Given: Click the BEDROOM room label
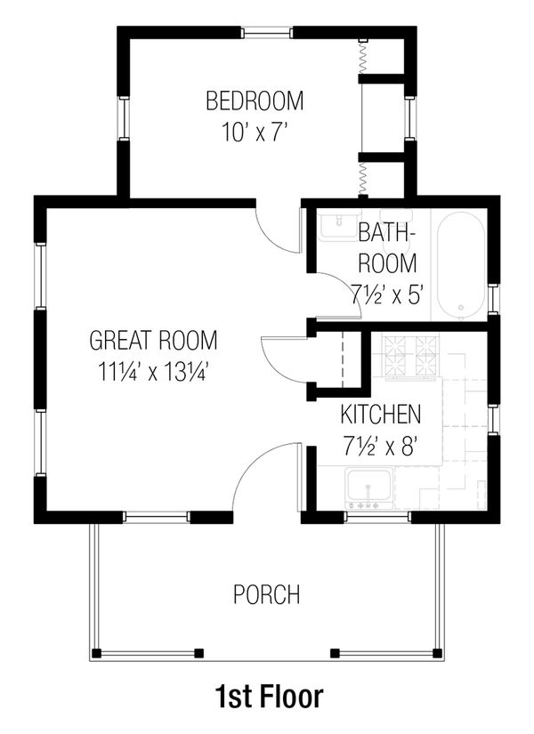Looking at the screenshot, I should [254, 101].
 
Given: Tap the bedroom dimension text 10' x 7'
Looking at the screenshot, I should [254, 132].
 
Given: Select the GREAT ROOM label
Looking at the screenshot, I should [153, 340].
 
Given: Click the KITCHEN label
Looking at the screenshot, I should [381, 415].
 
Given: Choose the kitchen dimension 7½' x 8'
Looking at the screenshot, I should [381, 446].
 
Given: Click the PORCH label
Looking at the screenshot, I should [266, 594].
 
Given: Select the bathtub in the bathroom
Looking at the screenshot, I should [460, 265].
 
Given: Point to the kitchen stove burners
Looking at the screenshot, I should [412, 354].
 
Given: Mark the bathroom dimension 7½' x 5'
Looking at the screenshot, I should [386, 294].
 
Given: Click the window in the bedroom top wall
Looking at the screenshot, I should [267, 33].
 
